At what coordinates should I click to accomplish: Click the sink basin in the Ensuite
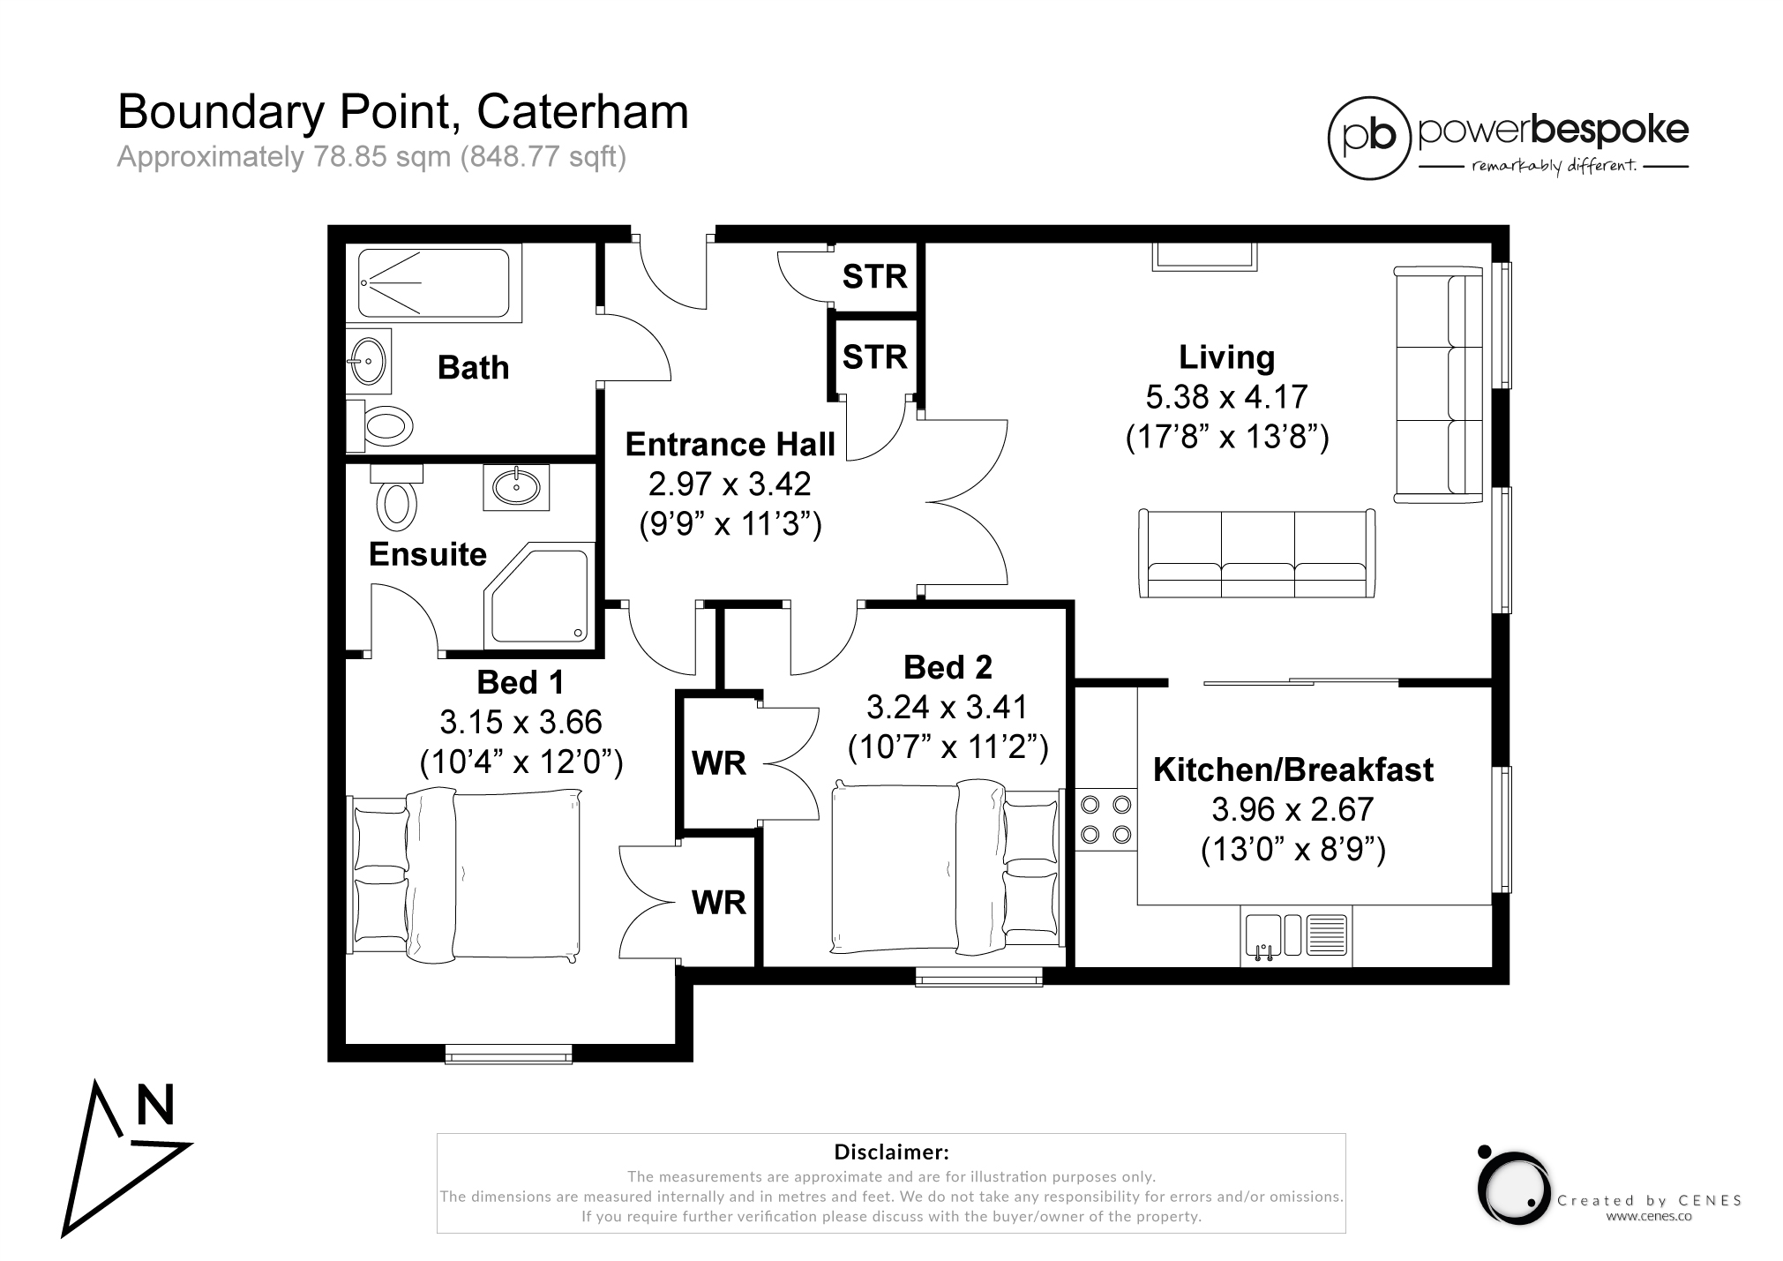coord(517,486)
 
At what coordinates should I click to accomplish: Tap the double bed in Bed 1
coord(466,875)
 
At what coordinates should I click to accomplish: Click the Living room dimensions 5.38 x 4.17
coord(1226,397)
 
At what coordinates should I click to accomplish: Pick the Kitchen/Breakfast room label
coord(1293,769)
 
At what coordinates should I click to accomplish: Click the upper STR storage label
coord(874,277)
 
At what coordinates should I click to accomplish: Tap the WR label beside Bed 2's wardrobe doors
coord(719,763)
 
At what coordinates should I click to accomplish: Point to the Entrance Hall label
coord(730,445)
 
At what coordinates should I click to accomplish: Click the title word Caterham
coord(582,113)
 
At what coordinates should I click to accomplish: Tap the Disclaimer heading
coord(891,1152)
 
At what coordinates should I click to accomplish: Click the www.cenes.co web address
coord(1648,1216)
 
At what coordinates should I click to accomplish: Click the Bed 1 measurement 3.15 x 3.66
coord(521,722)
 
